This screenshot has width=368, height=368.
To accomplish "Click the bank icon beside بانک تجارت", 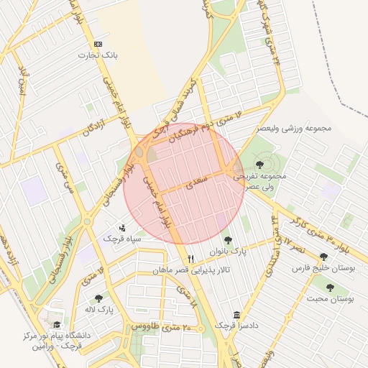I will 98,44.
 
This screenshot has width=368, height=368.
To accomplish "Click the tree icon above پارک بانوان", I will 229,240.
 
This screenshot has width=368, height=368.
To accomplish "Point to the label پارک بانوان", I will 229,252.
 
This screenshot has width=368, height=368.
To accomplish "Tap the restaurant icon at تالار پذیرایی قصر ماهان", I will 190,259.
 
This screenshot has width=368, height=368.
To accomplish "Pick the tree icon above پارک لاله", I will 98,298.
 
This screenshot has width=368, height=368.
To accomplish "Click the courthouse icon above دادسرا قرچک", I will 237,315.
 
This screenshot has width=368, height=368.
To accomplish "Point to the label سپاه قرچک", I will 122,237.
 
